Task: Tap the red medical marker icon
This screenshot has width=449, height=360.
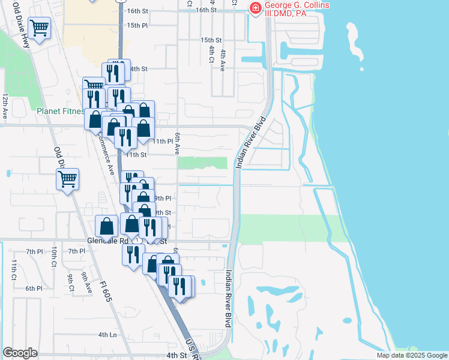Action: click(255, 8)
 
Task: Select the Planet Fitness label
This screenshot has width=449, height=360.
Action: click(59, 111)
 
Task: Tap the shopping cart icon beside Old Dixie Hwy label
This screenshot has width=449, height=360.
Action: click(39, 28)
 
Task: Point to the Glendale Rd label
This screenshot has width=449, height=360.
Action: click(108, 240)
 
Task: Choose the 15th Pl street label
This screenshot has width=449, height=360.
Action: click(137, 25)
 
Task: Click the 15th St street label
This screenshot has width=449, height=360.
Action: click(211, 39)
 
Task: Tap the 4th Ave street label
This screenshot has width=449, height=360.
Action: click(222, 61)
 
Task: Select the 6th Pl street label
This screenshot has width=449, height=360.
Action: click(34, 288)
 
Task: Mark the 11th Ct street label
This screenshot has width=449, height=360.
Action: click(13, 269)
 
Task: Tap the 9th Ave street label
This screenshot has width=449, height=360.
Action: click(86, 283)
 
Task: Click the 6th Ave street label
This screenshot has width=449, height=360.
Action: click(178, 144)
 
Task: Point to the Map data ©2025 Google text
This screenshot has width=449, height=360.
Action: click(411, 355)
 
